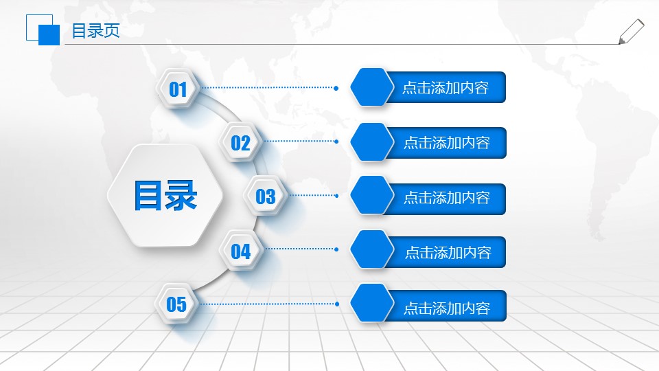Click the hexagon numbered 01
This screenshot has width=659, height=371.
(178, 89)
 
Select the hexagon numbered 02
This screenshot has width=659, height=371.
(240, 143)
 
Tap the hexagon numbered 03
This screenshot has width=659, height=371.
(265, 196)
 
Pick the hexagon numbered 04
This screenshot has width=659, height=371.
(240, 251)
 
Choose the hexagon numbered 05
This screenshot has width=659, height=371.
(176, 304)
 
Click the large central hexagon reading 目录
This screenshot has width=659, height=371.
(165, 196)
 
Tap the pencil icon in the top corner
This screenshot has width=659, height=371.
(631, 32)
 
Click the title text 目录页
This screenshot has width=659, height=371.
(95, 31)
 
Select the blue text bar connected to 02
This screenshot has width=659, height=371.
(446, 143)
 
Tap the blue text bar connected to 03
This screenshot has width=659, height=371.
(446, 198)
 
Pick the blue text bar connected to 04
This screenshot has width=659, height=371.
(448, 252)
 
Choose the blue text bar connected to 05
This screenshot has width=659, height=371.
(446, 308)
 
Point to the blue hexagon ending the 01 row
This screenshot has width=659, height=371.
(371, 87)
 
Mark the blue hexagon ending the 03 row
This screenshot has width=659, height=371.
(371, 195)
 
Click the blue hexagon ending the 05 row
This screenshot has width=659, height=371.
(371, 303)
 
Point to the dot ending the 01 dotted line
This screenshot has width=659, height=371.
(336, 88)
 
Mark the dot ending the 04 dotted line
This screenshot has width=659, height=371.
(336, 249)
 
